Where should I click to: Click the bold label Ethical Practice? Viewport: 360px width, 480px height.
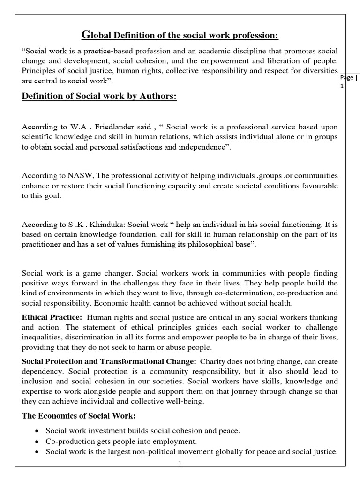click(52, 317)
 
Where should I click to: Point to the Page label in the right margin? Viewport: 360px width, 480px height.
click(347, 77)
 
